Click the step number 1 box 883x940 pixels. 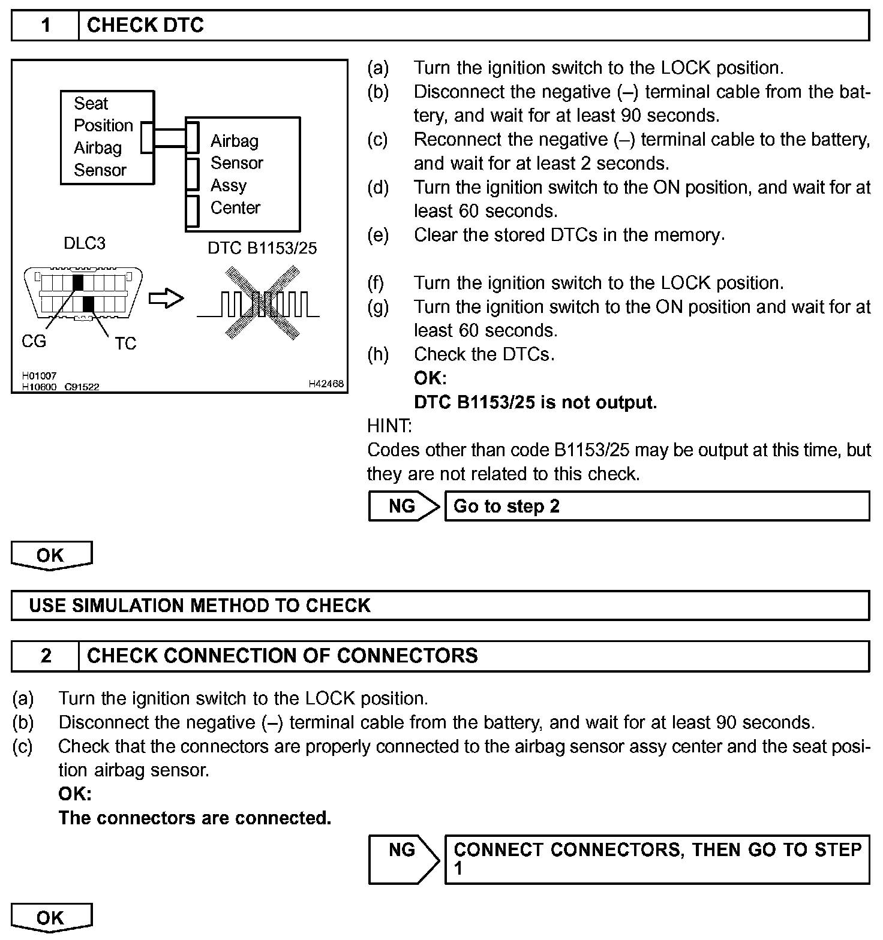pos(46,26)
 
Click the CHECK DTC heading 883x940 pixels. pos(145,26)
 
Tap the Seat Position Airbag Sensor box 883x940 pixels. pos(107,137)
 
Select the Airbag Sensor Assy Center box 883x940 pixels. pos(243,174)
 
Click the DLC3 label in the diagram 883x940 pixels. pos(84,243)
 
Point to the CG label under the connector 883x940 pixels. pos(34,341)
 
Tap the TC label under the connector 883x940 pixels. pos(125,344)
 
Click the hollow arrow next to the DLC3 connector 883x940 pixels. pos(166,298)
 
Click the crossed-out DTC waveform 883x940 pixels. pos(262,303)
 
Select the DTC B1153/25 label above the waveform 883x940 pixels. pos(262,248)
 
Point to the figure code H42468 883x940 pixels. pos(326,384)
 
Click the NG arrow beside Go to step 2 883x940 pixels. pos(403,506)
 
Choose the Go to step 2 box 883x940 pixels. pos(656,506)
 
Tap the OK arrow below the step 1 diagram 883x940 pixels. pos(52,555)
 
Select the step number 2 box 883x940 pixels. pos(46,656)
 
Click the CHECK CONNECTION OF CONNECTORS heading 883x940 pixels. pos(283,656)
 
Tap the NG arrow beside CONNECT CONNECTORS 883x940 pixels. pos(403,858)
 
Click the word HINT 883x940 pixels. pos(389,426)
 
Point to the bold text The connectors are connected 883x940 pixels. pos(195,818)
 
